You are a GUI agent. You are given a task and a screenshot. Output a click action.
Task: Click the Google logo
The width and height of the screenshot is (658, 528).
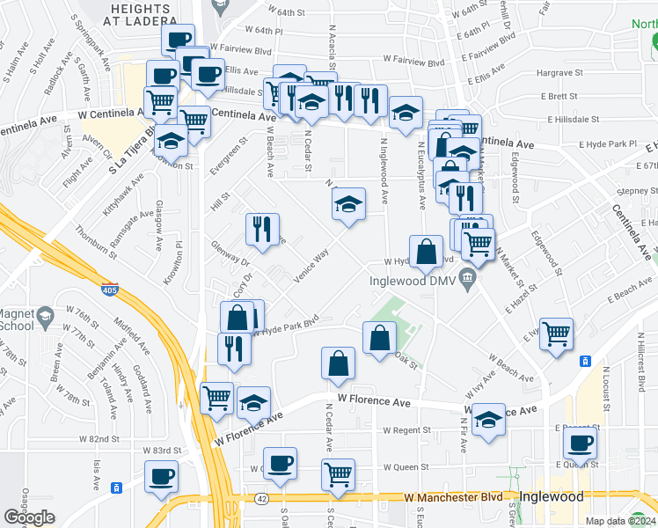pyautogui.click(x=29, y=517)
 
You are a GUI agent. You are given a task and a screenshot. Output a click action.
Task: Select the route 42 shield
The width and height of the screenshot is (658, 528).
pyautogui.click(x=263, y=498)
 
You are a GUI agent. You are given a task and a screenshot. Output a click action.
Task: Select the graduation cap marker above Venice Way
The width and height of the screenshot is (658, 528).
pyautogui.click(x=349, y=205)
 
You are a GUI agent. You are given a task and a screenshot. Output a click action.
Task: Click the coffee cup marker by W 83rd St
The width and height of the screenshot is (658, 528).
pyautogui.click(x=161, y=477)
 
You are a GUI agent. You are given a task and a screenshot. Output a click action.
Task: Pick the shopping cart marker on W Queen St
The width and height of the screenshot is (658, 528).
pyautogui.click(x=338, y=474)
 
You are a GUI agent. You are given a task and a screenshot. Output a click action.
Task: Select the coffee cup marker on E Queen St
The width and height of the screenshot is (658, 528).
pyautogui.click(x=579, y=443)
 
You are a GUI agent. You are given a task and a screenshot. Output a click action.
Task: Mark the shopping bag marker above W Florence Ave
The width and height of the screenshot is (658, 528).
pyautogui.click(x=339, y=363)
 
